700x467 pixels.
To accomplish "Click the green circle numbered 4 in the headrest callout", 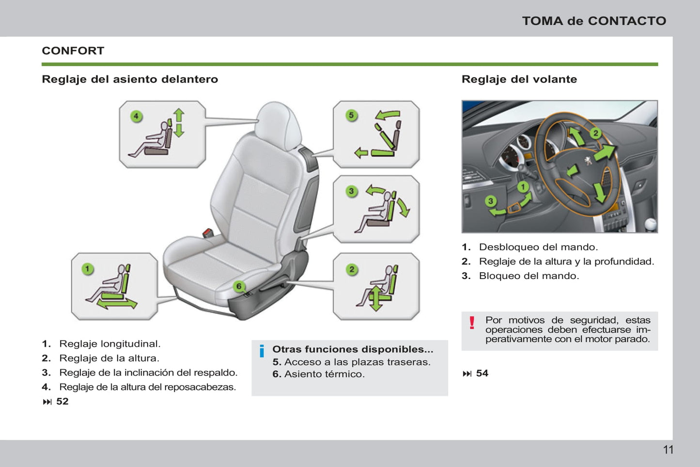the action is [136, 116].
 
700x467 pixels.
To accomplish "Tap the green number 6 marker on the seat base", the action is [239, 286].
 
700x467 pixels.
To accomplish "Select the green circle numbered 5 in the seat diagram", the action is [352, 115].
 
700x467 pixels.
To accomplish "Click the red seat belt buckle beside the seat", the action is [207, 233].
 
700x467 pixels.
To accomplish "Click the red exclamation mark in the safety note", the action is [472, 323].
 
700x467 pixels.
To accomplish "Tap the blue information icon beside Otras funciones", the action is [262, 351].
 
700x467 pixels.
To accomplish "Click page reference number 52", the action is [62, 401].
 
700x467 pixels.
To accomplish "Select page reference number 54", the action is [482, 373].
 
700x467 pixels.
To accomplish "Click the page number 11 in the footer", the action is [668, 450].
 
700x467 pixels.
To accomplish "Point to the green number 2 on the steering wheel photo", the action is [596, 134].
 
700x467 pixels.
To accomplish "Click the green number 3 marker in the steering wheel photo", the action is [491, 201].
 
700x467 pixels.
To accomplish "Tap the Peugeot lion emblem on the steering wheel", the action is [589, 161].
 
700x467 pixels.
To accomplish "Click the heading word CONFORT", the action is [73, 51].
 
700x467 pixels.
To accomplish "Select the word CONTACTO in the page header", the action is [627, 21].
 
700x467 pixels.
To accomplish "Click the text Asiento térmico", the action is [325, 374].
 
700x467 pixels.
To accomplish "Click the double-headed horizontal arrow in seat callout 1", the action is [117, 304].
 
